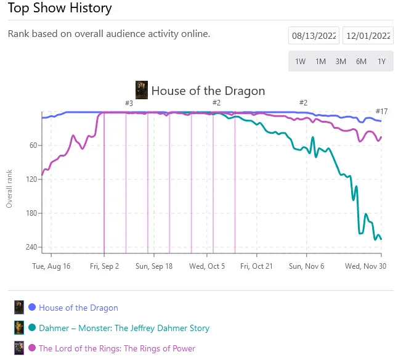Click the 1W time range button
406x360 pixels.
(x=300, y=62)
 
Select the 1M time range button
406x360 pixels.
(x=320, y=62)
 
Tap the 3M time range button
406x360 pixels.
(x=341, y=62)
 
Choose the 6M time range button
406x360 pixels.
(x=361, y=62)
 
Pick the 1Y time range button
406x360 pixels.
(x=381, y=62)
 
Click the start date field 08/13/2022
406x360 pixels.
(x=314, y=36)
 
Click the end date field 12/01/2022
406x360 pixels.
(x=368, y=36)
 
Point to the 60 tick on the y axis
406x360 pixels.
(x=33, y=145)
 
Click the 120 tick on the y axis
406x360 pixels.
(x=31, y=179)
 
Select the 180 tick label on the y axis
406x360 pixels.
(x=31, y=213)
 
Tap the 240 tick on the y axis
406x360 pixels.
(x=31, y=247)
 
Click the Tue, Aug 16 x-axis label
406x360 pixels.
(x=51, y=266)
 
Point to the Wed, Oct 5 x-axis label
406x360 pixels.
(x=207, y=266)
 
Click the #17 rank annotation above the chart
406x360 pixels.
(x=381, y=112)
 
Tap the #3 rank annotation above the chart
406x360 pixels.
(x=129, y=104)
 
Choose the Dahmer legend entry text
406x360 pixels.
(x=124, y=328)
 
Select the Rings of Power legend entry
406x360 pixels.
(x=116, y=348)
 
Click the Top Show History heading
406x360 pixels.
(x=60, y=9)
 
